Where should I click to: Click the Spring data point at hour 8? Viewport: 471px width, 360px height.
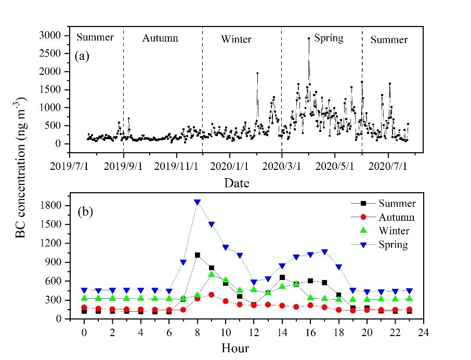click(198, 202)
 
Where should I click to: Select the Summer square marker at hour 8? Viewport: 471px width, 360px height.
click(198, 255)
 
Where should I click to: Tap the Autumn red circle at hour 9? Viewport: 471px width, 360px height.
click(212, 295)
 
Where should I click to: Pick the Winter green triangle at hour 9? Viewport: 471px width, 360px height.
click(212, 274)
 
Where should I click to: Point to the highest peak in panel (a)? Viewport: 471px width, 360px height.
click(309, 38)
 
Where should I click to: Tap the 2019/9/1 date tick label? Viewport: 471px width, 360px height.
click(123, 167)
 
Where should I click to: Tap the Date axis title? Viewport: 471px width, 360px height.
click(237, 183)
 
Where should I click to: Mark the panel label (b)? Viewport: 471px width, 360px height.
click(86, 212)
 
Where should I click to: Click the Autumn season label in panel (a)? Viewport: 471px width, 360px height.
click(160, 38)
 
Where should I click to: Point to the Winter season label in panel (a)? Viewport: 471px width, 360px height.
click(236, 39)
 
